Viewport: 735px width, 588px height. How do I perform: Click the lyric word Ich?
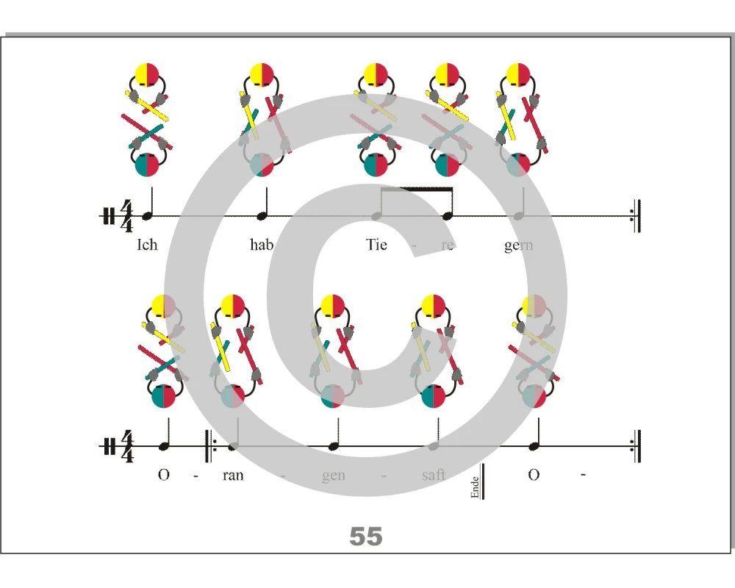tap(147, 245)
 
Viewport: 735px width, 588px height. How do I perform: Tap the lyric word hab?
tap(262, 245)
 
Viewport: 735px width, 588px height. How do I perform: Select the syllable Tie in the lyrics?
tap(376, 245)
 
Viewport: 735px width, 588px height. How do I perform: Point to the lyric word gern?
tap(518, 245)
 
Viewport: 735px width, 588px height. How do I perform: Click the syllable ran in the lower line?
tap(233, 476)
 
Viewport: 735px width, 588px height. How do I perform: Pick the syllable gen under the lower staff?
tap(333, 476)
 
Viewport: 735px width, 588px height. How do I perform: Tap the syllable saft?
tap(433, 475)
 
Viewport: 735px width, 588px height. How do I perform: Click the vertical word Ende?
tap(475, 487)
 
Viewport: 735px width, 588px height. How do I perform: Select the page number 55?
tap(365, 536)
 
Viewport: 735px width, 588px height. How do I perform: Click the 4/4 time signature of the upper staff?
tap(126, 215)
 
